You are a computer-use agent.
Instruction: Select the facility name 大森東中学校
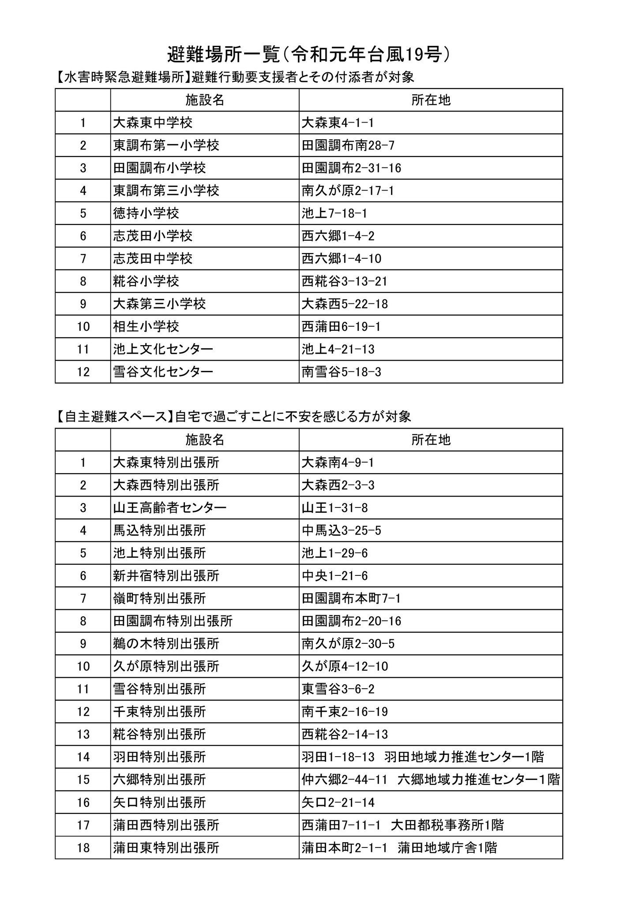[x=153, y=123]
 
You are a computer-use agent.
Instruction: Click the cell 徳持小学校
[x=146, y=213]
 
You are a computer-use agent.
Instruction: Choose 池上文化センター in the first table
[x=163, y=349]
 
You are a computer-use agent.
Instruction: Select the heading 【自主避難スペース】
[x=114, y=417]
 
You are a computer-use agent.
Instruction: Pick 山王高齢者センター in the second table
[x=169, y=507]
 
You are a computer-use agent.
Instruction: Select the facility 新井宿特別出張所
[x=166, y=575]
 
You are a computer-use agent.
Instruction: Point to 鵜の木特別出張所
[x=166, y=644]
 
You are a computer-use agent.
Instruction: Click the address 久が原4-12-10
[x=345, y=666]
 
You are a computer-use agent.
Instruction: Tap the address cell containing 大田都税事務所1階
[x=402, y=825]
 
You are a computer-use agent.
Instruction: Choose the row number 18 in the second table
[x=83, y=848]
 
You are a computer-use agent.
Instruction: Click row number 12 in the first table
[x=83, y=372]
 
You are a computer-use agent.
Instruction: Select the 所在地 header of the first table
[x=431, y=100]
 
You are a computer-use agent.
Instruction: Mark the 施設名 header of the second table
[x=204, y=440]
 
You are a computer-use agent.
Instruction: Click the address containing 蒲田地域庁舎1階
[x=399, y=848]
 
